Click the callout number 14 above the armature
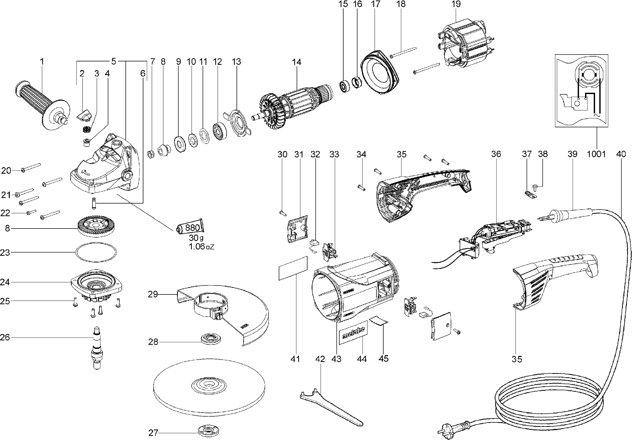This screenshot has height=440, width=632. [x=297, y=62]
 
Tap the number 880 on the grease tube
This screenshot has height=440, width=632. [x=192, y=228]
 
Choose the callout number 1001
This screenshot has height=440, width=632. [x=596, y=154]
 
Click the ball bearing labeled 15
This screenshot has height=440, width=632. [x=344, y=86]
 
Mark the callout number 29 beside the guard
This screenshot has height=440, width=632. [x=153, y=294]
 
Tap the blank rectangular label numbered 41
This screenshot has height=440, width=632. [x=293, y=268]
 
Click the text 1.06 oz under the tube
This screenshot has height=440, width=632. [x=201, y=246]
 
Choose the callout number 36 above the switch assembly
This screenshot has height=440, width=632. [x=496, y=154]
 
